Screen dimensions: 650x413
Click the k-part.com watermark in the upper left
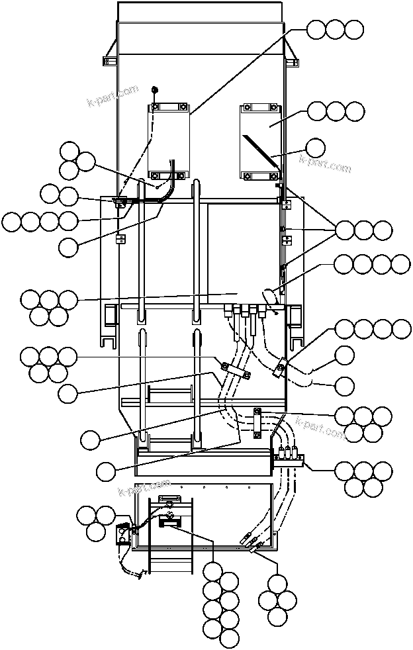tap(113, 96)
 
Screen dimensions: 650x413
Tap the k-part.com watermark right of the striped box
tap(325, 163)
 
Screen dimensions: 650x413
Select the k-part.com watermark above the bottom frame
tap(144, 488)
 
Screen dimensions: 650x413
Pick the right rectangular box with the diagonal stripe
tap(261, 141)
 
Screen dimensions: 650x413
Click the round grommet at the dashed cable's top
tap(154, 89)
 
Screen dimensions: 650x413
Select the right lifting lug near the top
tap(293, 60)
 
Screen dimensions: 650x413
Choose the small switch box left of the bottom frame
tap(123, 534)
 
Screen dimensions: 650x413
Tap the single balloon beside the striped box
tap(316, 148)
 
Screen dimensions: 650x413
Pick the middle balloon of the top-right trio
tap(336, 30)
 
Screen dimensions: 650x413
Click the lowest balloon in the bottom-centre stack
tap(229, 637)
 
